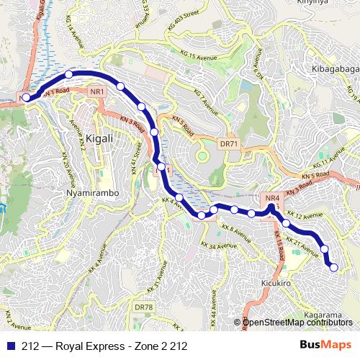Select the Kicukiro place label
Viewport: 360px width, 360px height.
(x=276, y=284)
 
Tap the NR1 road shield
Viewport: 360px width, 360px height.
(x=97, y=91)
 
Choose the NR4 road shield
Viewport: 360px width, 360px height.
(x=271, y=199)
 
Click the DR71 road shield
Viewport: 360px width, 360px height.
(x=228, y=144)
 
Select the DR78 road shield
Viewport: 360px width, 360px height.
(x=144, y=307)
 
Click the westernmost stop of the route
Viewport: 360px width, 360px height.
(x=26, y=97)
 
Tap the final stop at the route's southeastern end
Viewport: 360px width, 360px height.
(x=333, y=268)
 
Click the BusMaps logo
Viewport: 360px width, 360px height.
(x=326, y=346)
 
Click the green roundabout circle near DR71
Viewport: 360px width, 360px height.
(x=202, y=156)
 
